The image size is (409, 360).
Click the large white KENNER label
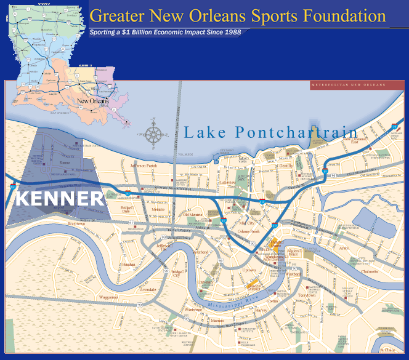tap(59, 198)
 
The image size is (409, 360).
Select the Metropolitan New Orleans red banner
tap(348, 84)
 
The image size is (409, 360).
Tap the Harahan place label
tap(128, 264)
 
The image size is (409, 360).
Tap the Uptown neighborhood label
tap(249, 270)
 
